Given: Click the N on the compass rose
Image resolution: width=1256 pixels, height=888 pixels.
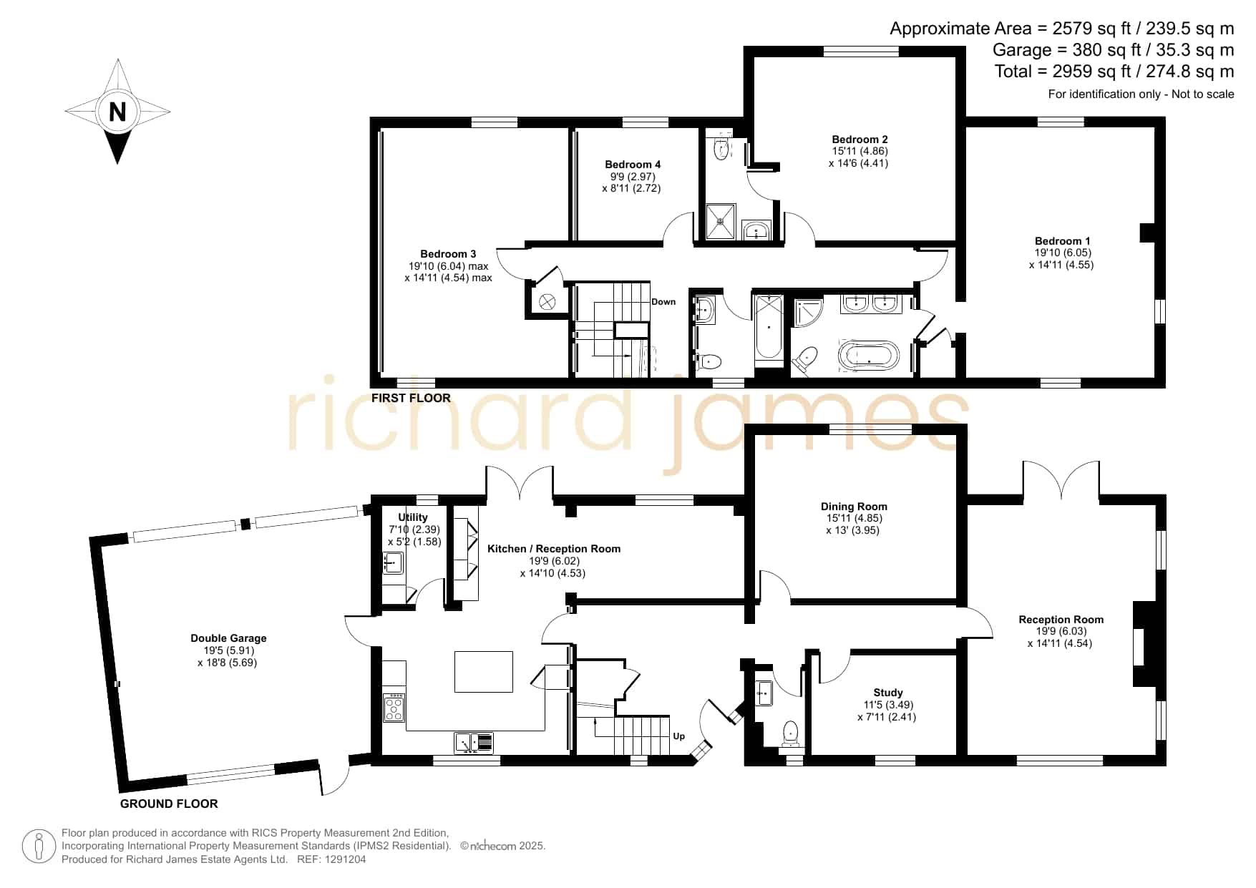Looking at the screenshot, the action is coord(117,112).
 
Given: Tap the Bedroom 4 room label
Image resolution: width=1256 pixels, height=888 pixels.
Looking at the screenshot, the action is coord(633,165).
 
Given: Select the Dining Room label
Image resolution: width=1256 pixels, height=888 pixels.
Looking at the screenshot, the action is coord(854,507).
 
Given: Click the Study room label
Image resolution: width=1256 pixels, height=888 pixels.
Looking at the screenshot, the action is coord(888,693).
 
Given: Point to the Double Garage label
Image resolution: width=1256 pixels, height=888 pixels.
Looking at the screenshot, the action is coord(228,638).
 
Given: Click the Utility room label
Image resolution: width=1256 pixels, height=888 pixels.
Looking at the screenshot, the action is coord(413,517).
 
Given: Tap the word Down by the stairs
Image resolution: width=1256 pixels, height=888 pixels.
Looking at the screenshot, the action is coord(663,302).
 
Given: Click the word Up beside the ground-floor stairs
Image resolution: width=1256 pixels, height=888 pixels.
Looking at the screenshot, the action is coord(679,736).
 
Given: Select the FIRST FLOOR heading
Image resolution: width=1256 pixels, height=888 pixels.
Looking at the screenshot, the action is coord(411,398).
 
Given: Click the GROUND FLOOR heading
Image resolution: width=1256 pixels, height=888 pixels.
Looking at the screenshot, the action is coord(169,804).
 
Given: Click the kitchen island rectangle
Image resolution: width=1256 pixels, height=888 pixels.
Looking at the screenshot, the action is coord(484,671).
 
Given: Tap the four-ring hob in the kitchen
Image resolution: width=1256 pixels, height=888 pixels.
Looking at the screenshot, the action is coord(394,708).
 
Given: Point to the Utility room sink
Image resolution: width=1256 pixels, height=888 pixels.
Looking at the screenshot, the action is coord(393,563).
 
